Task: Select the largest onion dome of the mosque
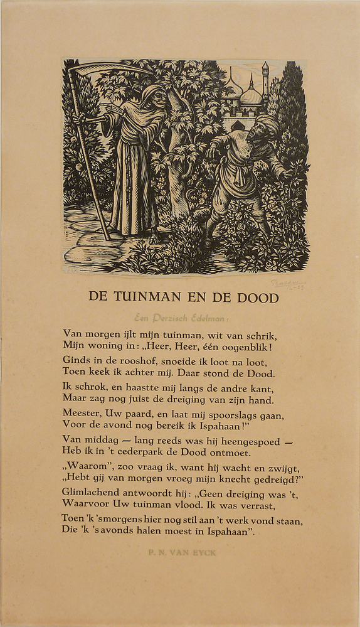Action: (251, 95)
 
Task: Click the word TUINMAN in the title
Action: (140, 297)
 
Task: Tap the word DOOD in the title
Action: (258, 297)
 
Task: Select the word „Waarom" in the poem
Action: (84, 468)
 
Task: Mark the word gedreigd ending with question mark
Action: (277, 480)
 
